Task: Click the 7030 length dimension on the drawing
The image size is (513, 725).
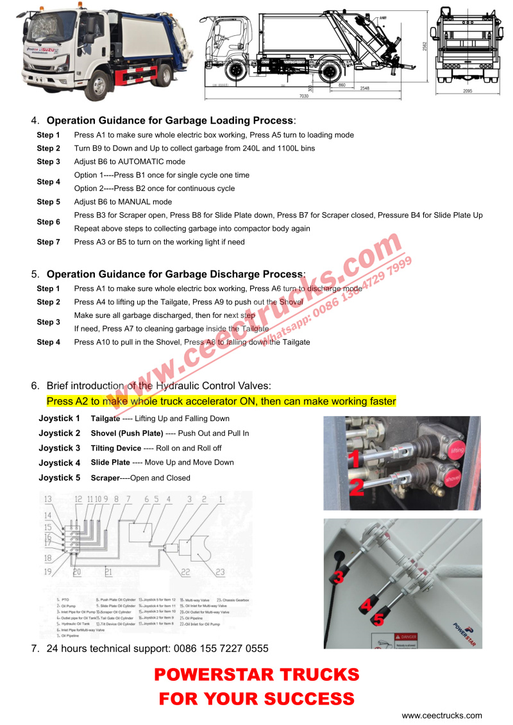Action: click(303, 96)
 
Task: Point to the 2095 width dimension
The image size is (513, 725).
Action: click(466, 91)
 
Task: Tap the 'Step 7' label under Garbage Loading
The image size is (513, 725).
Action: click(48, 242)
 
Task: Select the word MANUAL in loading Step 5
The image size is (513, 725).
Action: click(134, 202)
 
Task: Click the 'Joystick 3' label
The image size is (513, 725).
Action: click(60, 448)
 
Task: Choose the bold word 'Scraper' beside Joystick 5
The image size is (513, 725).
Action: click(105, 478)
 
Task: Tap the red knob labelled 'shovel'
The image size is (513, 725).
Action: click(453, 477)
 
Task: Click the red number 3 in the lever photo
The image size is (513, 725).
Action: click(338, 576)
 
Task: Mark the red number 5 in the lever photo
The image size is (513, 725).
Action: click(378, 619)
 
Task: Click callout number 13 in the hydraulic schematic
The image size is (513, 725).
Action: click(47, 499)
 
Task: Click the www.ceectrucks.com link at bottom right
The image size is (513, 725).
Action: click(442, 715)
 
